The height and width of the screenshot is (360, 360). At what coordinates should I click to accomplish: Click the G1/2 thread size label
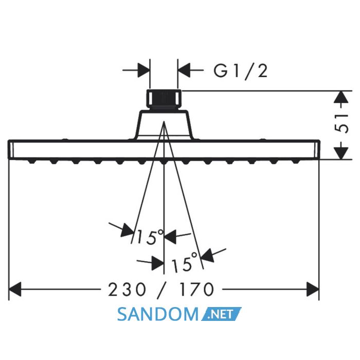click(x=241, y=71)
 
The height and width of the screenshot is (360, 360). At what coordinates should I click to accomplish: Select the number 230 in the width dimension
click(x=127, y=290)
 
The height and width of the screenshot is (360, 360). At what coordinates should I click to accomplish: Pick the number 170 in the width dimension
click(x=196, y=290)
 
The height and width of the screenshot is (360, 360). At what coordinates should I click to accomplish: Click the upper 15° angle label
click(x=150, y=237)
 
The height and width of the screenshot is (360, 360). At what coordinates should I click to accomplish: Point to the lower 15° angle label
click(x=184, y=262)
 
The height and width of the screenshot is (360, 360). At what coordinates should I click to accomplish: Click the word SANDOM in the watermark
click(x=157, y=314)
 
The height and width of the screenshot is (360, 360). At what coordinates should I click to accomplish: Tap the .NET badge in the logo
click(x=221, y=314)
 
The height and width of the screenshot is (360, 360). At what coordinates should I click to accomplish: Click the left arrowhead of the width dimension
click(x=15, y=289)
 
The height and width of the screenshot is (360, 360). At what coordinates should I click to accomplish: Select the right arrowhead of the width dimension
click(x=313, y=289)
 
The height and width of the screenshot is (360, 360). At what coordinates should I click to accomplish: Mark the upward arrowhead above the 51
click(x=341, y=97)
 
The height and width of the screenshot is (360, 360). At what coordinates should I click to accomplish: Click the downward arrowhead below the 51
click(x=341, y=153)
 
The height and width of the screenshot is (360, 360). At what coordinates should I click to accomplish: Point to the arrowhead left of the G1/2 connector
click(x=143, y=70)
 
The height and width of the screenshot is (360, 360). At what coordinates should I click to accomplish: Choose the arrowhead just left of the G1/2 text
click(x=184, y=70)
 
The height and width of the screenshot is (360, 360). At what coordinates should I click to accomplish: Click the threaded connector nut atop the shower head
click(x=164, y=99)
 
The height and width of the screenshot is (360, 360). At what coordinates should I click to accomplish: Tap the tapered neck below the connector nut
click(x=164, y=124)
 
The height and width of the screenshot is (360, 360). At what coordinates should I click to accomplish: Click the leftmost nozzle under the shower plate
click(x=32, y=162)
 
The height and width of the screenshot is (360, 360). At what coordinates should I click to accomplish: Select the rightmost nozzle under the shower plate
click(x=295, y=162)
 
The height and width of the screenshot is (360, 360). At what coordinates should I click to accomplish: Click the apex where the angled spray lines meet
click(x=164, y=121)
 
